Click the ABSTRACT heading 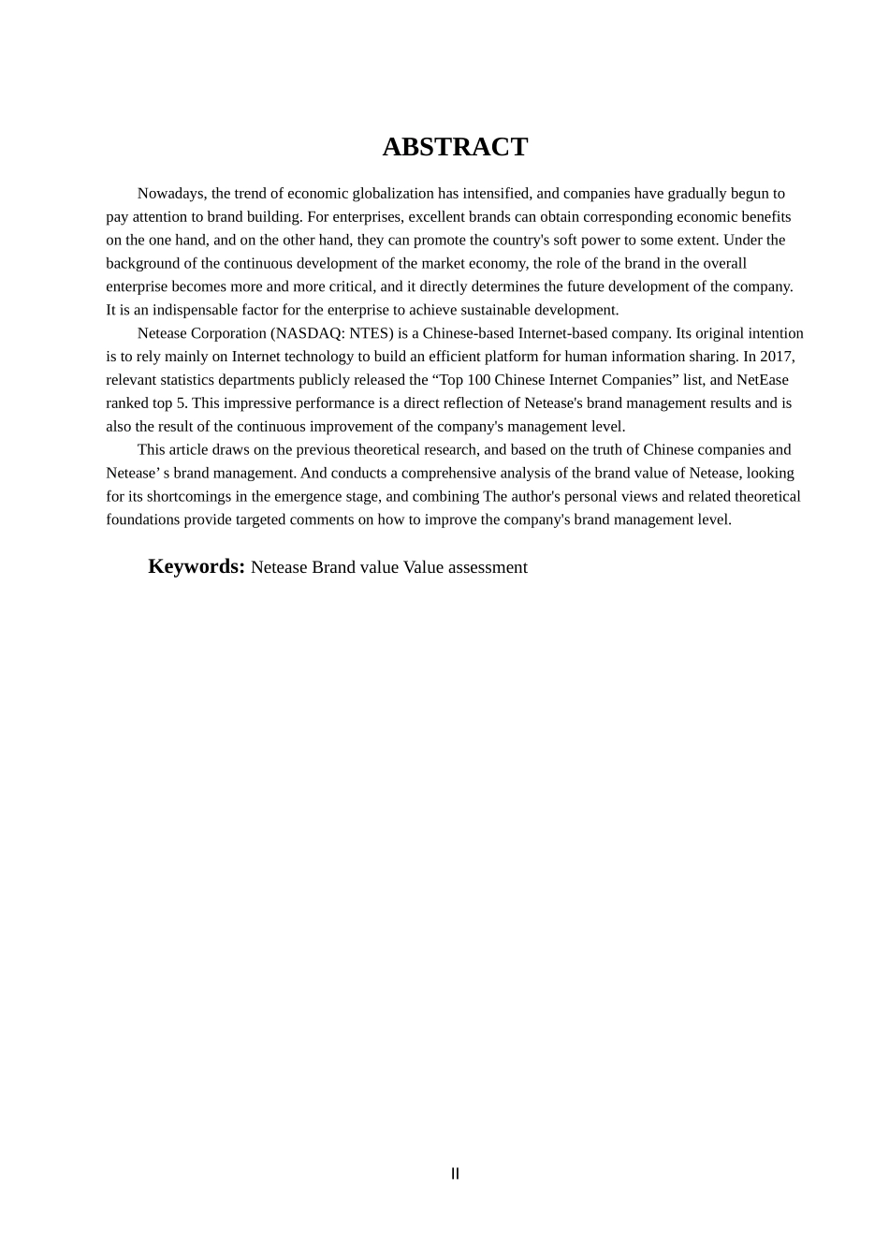455,147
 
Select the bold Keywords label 197,566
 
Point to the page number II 455,1174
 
